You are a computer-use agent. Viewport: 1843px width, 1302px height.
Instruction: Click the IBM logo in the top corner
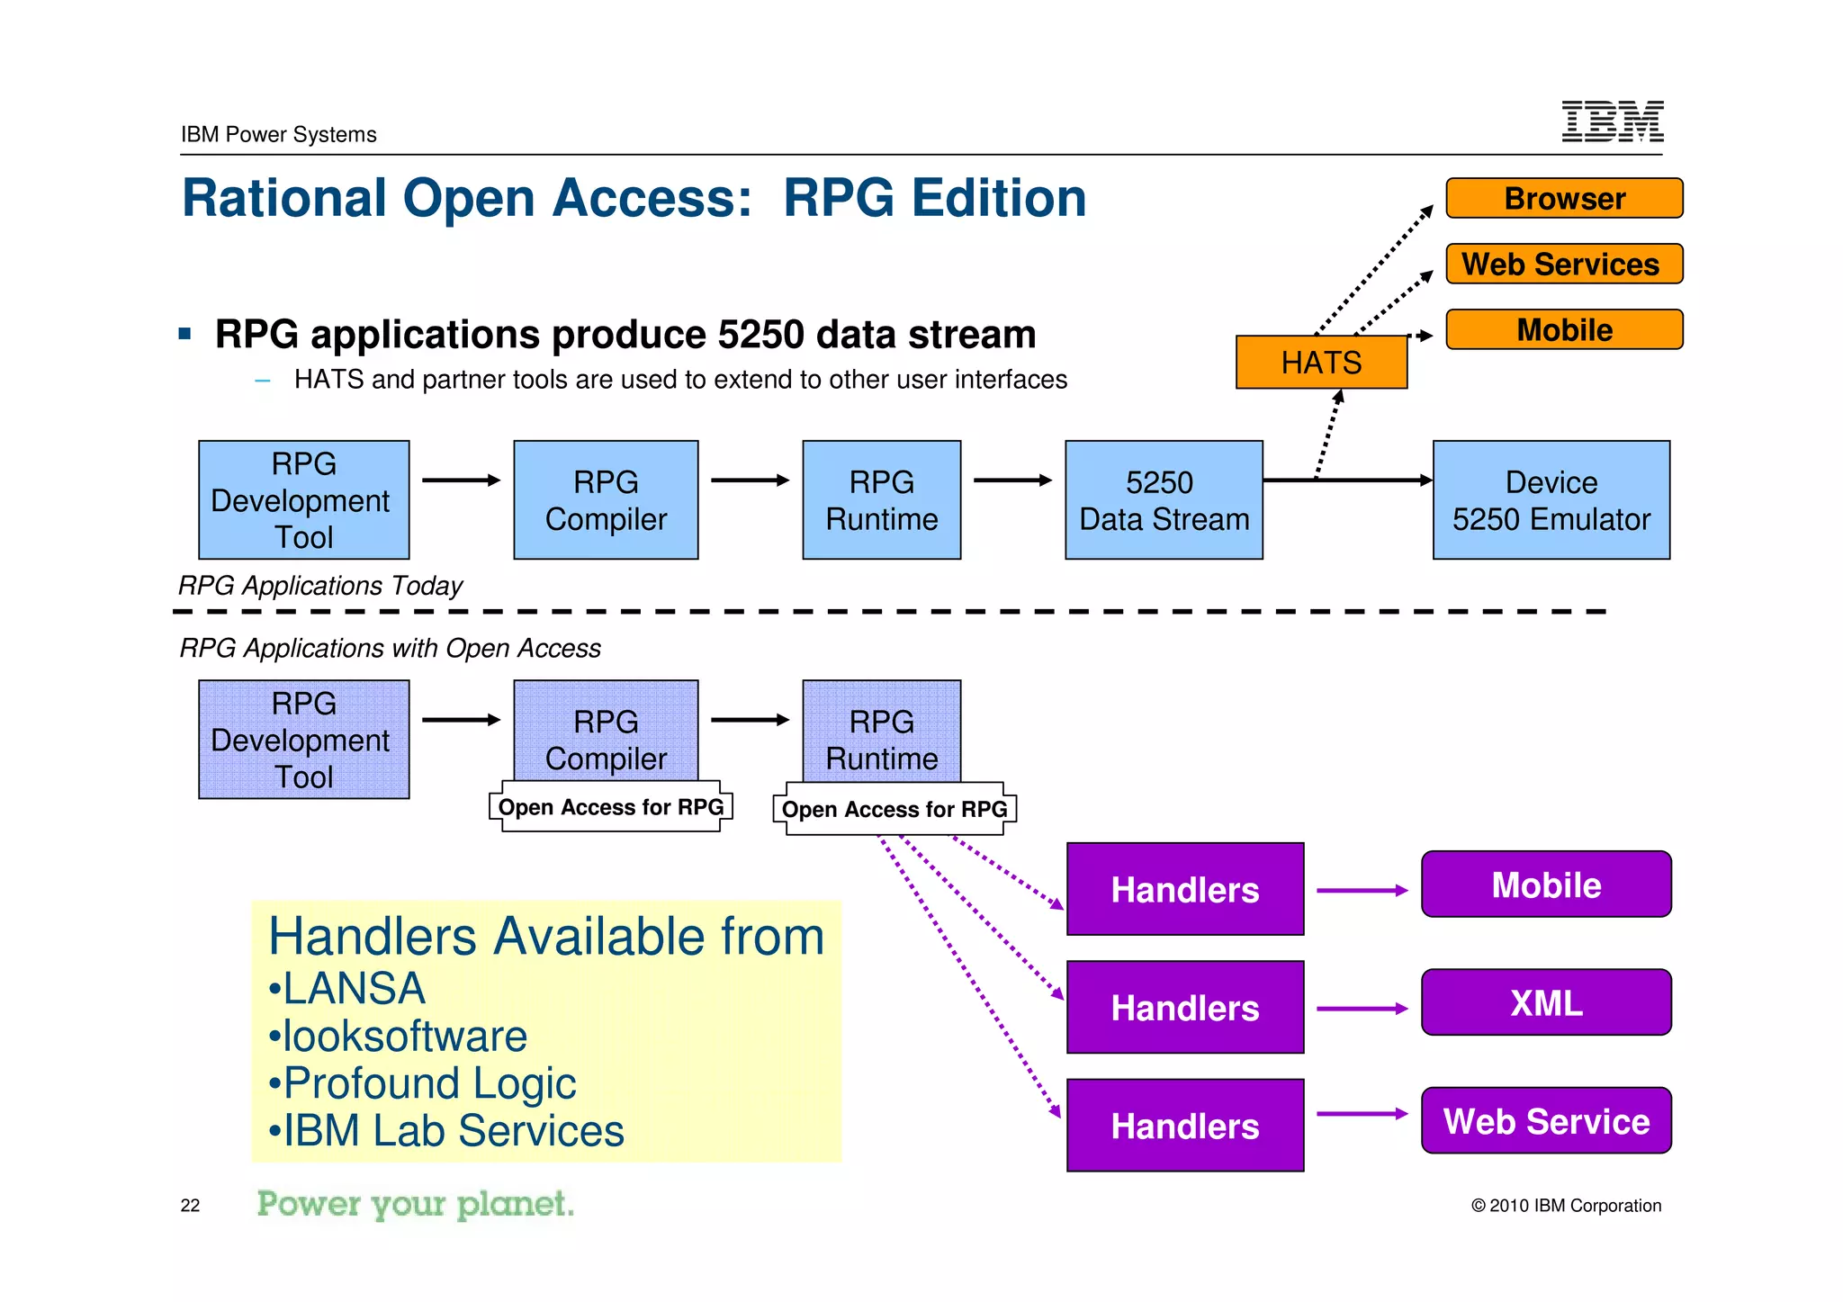click(1612, 121)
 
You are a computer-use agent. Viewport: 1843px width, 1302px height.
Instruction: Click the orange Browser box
click(1564, 198)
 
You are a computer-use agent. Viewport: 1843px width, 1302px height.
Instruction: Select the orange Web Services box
click(1564, 264)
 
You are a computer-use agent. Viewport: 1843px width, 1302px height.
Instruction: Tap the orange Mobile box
click(1564, 329)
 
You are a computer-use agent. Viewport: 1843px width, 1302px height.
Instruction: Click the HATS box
click(1321, 362)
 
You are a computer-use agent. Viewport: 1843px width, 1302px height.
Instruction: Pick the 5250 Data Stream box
click(1164, 500)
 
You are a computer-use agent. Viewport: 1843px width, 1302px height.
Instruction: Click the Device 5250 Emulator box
click(1551, 500)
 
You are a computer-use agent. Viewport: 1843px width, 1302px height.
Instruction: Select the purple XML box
click(1546, 1002)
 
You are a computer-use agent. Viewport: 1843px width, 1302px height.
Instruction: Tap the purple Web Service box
click(1546, 1120)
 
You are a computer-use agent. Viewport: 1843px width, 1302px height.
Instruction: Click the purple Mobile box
click(1546, 884)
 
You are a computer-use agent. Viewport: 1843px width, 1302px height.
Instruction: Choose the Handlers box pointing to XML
click(1184, 1007)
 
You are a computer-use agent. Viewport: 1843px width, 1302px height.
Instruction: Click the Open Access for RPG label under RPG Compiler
click(611, 807)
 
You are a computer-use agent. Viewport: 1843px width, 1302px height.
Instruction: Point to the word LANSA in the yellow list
click(354, 988)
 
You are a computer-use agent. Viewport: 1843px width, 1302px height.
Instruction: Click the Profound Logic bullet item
click(429, 1082)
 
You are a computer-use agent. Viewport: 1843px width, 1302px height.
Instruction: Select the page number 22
click(190, 1206)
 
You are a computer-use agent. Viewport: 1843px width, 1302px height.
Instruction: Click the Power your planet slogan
click(415, 1204)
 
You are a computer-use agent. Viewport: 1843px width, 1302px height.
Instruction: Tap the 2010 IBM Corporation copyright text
click(1566, 1206)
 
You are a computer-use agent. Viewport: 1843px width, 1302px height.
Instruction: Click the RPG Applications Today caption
click(320, 586)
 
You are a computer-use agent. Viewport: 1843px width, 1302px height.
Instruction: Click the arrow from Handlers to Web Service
click(1362, 1114)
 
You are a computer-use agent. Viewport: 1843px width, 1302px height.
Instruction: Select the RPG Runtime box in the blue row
click(881, 500)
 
